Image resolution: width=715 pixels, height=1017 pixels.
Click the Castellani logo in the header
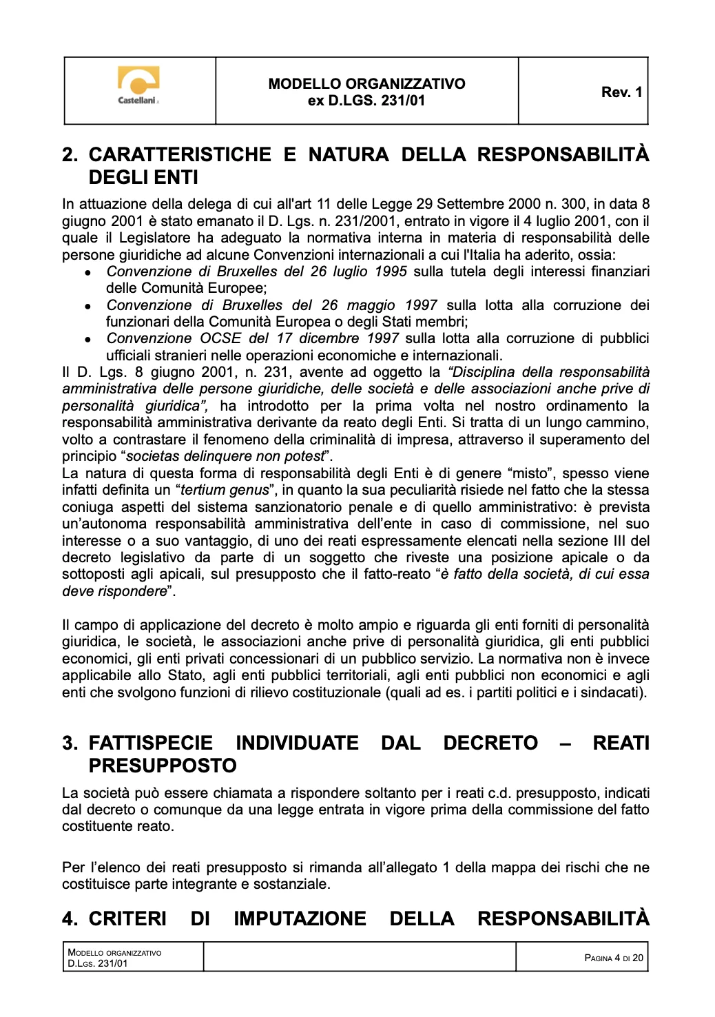tap(139, 85)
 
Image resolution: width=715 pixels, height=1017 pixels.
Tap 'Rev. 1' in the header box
tap(621, 92)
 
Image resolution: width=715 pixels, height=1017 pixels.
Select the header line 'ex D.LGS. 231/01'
tap(366, 101)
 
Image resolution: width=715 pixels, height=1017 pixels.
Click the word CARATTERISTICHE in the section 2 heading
tap(180, 154)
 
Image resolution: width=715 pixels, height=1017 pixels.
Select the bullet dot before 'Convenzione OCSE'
tap(88, 340)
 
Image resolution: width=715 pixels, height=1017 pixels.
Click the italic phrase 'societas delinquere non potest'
tap(225, 456)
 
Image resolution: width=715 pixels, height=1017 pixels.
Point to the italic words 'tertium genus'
tap(225, 490)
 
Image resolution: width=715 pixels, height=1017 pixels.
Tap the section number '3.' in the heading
tap(70, 743)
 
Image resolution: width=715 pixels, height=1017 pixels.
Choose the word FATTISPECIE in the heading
tap(151, 743)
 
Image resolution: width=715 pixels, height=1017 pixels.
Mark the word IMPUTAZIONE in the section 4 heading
tap(300, 918)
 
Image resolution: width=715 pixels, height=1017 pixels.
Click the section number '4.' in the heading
tap(70, 918)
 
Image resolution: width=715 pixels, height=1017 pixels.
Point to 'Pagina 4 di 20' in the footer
tap(613, 958)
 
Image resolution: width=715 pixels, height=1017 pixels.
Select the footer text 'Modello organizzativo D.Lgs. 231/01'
tap(114, 958)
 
